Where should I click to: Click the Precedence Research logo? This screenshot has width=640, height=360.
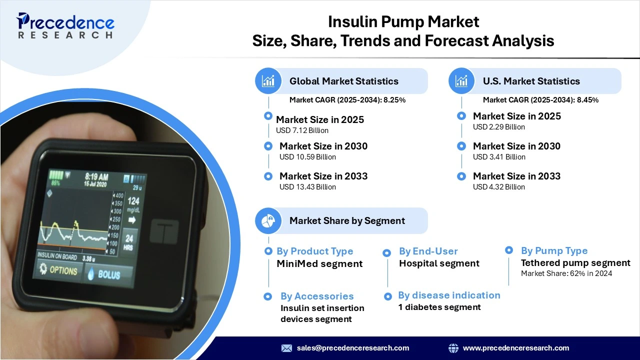pyautogui.click(x=65, y=25)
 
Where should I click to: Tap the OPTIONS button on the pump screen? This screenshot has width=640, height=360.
pyautogui.click(x=58, y=269)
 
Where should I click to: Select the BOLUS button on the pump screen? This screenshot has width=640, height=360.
pyautogui.click(x=108, y=273)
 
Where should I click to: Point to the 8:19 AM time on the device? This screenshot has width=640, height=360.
pyautogui.click(x=96, y=177)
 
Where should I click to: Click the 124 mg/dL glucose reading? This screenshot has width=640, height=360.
pyautogui.click(x=133, y=204)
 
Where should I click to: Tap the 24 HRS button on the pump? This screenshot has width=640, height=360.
pyautogui.click(x=129, y=241)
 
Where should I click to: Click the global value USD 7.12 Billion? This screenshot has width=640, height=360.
pyautogui.click(x=302, y=130)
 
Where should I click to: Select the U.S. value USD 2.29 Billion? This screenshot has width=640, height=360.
pyautogui.click(x=499, y=127)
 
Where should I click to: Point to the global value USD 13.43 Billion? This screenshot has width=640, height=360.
pyautogui.click(x=307, y=187)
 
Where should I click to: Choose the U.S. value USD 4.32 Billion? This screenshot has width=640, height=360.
pyautogui.click(x=499, y=187)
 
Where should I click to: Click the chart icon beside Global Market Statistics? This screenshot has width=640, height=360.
pyautogui.click(x=268, y=81)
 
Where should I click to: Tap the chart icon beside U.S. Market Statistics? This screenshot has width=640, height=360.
pyautogui.click(x=461, y=81)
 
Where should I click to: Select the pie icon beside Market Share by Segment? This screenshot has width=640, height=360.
pyautogui.click(x=268, y=220)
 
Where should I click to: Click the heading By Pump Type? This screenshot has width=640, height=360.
pyautogui.click(x=554, y=250)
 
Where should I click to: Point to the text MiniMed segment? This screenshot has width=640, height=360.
pyautogui.click(x=319, y=263)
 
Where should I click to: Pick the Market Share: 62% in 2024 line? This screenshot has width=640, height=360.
pyautogui.click(x=566, y=273)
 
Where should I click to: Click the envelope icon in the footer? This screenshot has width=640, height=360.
pyautogui.click(x=286, y=348)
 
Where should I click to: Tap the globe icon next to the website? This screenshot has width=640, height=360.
pyautogui.click(x=453, y=348)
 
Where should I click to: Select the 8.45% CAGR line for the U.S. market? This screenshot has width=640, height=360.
pyautogui.click(x=540, y=100)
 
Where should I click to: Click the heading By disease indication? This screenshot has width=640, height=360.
pyautogui.click(x=449, y=295)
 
